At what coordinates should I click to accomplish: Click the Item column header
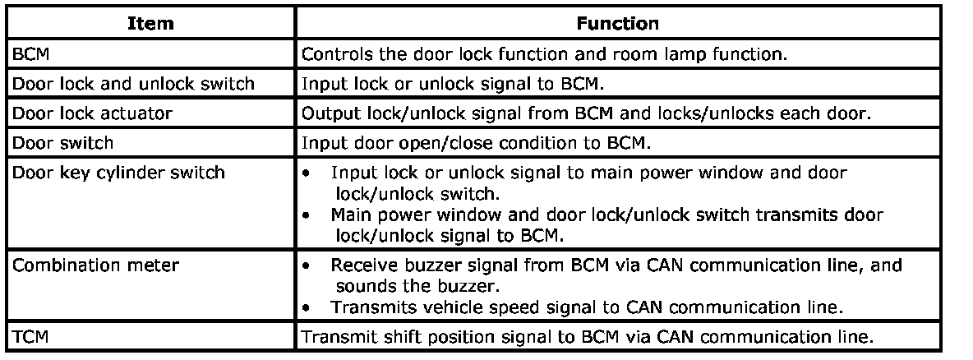point(150,24)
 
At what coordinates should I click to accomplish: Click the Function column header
point(617,24)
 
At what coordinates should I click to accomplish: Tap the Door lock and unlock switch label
point(133,84)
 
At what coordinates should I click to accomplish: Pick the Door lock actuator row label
point(93,113)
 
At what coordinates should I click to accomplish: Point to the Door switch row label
point(62,143)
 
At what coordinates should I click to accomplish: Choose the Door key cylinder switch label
point(118,172)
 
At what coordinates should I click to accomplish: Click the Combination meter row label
point(95,265)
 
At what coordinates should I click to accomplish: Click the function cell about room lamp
point(544,54)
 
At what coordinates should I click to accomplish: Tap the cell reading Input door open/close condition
point(475,143)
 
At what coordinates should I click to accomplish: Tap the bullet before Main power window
point(306,215)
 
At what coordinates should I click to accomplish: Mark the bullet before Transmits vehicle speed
point(306,308)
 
